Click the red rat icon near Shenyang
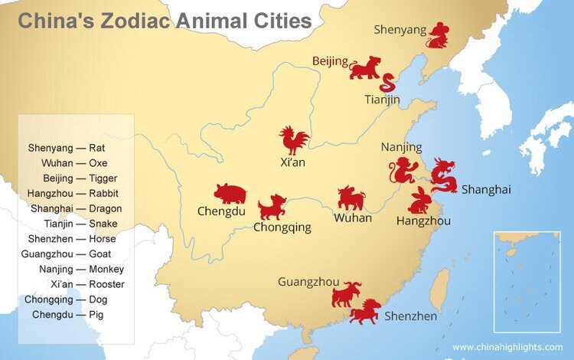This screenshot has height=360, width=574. pyautogui.click(x=439, y=36)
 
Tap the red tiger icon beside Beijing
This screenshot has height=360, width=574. pyautogui.click(x=365, y=67)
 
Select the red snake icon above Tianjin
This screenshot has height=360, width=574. pyautogui.click(x=389, y=83)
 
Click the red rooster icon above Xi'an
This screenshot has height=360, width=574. pyautogui.click(x=294, y=141)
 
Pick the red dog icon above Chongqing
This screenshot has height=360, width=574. pyautogui.click(x=272, y=207)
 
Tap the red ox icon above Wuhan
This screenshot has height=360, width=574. pyautogui.click(x=351, y=198)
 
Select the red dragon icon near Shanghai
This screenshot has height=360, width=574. pyautogui.click(x=443, y=175)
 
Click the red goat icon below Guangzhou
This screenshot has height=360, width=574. pyautogui.click(x=347, y=293)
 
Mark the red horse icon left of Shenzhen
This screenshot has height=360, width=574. pyautogui.click(x=365, y=311)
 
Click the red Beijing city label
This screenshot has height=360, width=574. pyautogui.click(x=330, y=61)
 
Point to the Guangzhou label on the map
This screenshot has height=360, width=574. pyautogui.click(x=308, y=282)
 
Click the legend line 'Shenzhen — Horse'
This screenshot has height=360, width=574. pyautogui.click(x=74, y=238)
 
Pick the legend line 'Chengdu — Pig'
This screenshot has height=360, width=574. pyautogui.click(x=75, y=314)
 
